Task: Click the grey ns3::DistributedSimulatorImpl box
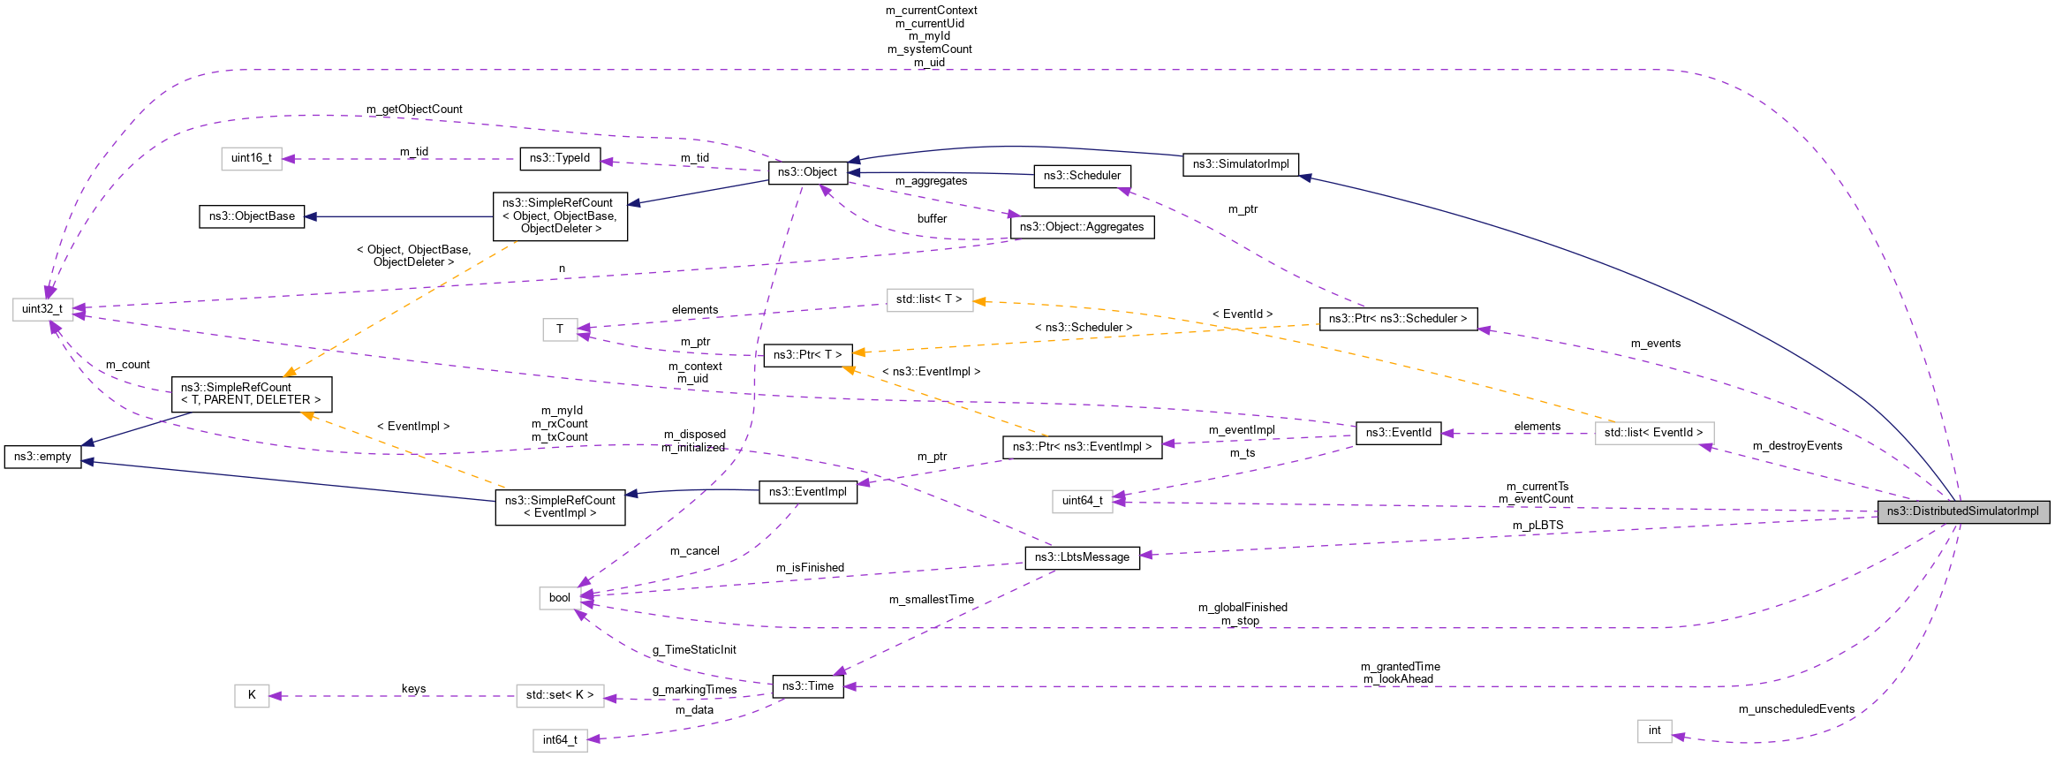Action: [1962, 511]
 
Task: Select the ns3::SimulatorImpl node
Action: [1240, 164]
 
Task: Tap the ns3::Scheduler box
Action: [1082, 176]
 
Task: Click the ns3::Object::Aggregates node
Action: [1081, 227]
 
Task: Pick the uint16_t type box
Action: [251, 158]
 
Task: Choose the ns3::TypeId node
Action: [559, 158]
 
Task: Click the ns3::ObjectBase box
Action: [252, 216]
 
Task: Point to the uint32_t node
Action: [42, 309]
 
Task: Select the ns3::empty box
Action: [42, 457]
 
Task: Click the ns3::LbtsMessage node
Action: [1082, 557]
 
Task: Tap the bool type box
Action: [559, 598]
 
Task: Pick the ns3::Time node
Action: [807, 686]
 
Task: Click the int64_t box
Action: [559, 740]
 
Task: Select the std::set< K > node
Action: [560, 695]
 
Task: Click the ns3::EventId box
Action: [1398, 433]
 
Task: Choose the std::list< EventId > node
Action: [1653, 433]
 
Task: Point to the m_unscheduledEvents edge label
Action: [1796, 709]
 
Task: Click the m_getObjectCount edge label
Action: [414, 110]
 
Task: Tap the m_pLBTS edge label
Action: [1537, 526]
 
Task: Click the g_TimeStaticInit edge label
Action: [694, 650]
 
